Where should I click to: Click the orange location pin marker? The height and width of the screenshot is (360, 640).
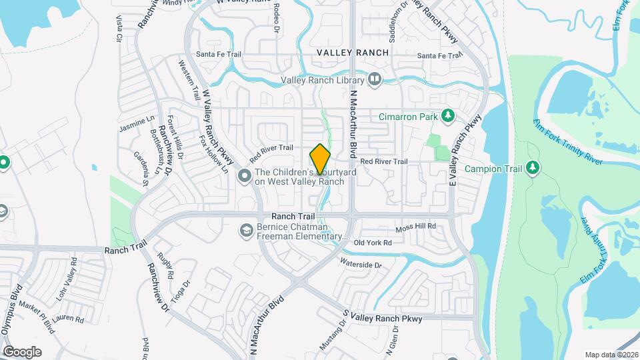(x=321, y=159)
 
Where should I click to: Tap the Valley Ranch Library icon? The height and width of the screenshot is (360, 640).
(x=375, y=80)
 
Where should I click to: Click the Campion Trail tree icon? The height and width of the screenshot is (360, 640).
(x=532, y=168)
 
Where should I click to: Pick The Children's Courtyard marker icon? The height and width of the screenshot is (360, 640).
(x=245, y=176)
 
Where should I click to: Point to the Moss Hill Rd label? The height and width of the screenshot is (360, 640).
(x=415, y=227)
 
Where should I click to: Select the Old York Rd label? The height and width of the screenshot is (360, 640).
(x=373, y=243)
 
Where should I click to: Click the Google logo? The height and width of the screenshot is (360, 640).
(x=22, y=352)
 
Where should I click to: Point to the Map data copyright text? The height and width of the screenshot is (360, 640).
(x=611, y=355)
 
